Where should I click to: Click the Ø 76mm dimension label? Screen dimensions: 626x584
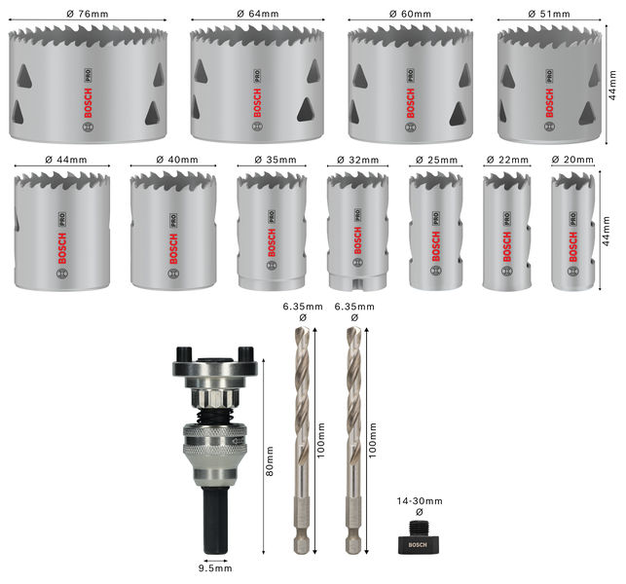pyautogui.click(x=88, y=14)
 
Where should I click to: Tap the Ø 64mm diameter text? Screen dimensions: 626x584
pyautogui.click(x=257, y=14)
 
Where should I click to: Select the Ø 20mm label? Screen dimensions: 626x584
pyautogui.click(x=572, y=160)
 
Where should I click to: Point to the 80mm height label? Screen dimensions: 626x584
pyautogui.click(x=270, y=460)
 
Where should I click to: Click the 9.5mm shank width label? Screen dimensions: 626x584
pyautogui.click(x=215, y=568)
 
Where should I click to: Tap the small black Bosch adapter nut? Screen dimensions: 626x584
pyautogui.click(x=418, y=538)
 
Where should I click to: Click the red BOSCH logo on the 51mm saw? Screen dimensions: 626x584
pyautogui.click(x=549, y=103)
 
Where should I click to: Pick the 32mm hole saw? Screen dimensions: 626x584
pyautogui.click(x=357, y=231)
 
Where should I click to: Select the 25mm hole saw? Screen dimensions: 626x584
pyautogui.click(x=435, y=231)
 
